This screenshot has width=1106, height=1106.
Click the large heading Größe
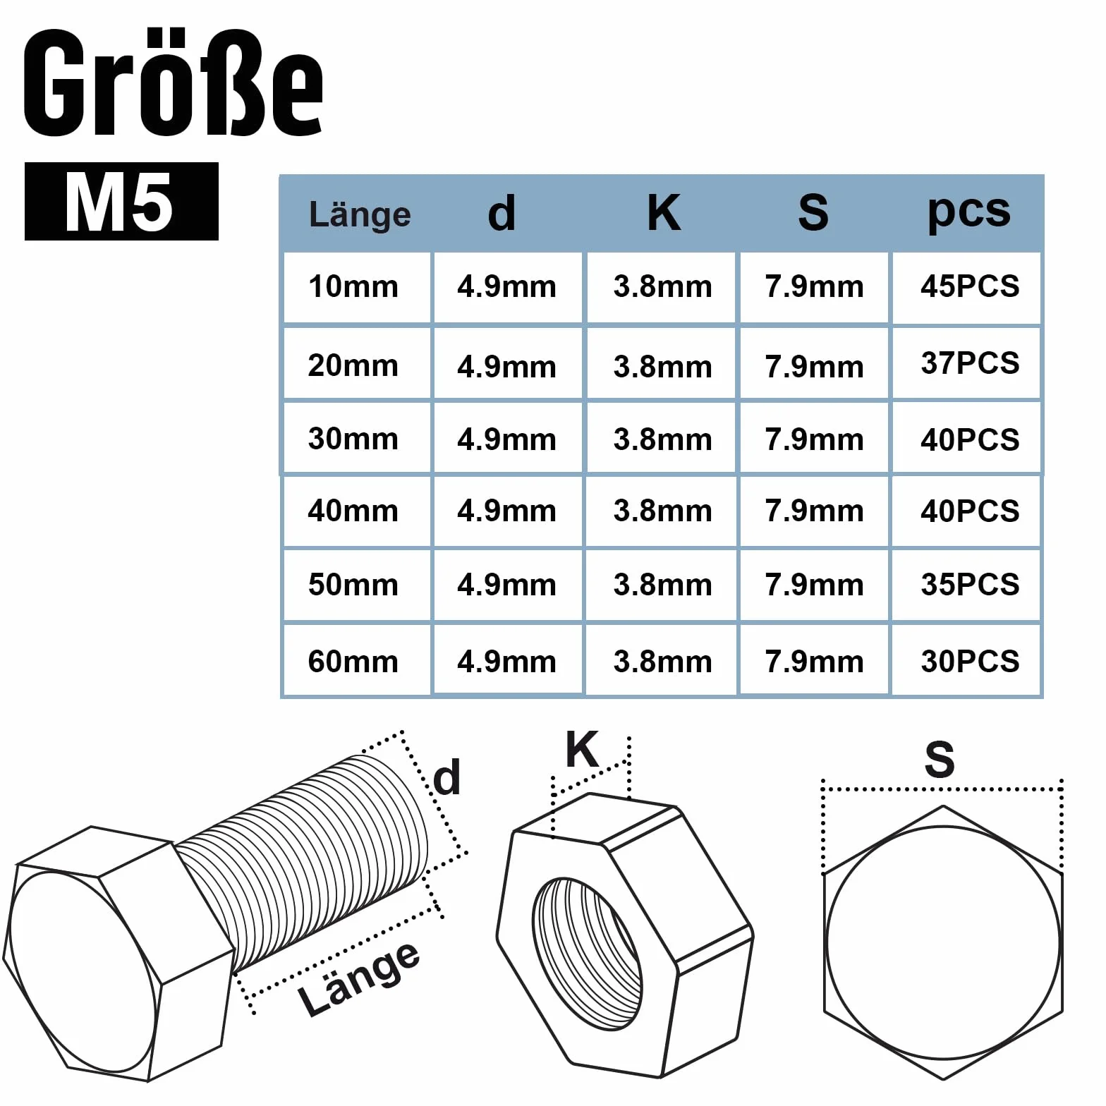174,83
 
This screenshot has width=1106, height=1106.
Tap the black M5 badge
121,202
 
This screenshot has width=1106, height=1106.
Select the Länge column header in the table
360,214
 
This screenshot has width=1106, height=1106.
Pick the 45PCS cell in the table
970,286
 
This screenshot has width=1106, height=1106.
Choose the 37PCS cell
970,363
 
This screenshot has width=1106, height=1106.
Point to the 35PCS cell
970,585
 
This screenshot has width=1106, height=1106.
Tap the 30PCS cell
970,662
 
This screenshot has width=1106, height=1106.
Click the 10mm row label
353,287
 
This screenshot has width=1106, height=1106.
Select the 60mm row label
353,662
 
